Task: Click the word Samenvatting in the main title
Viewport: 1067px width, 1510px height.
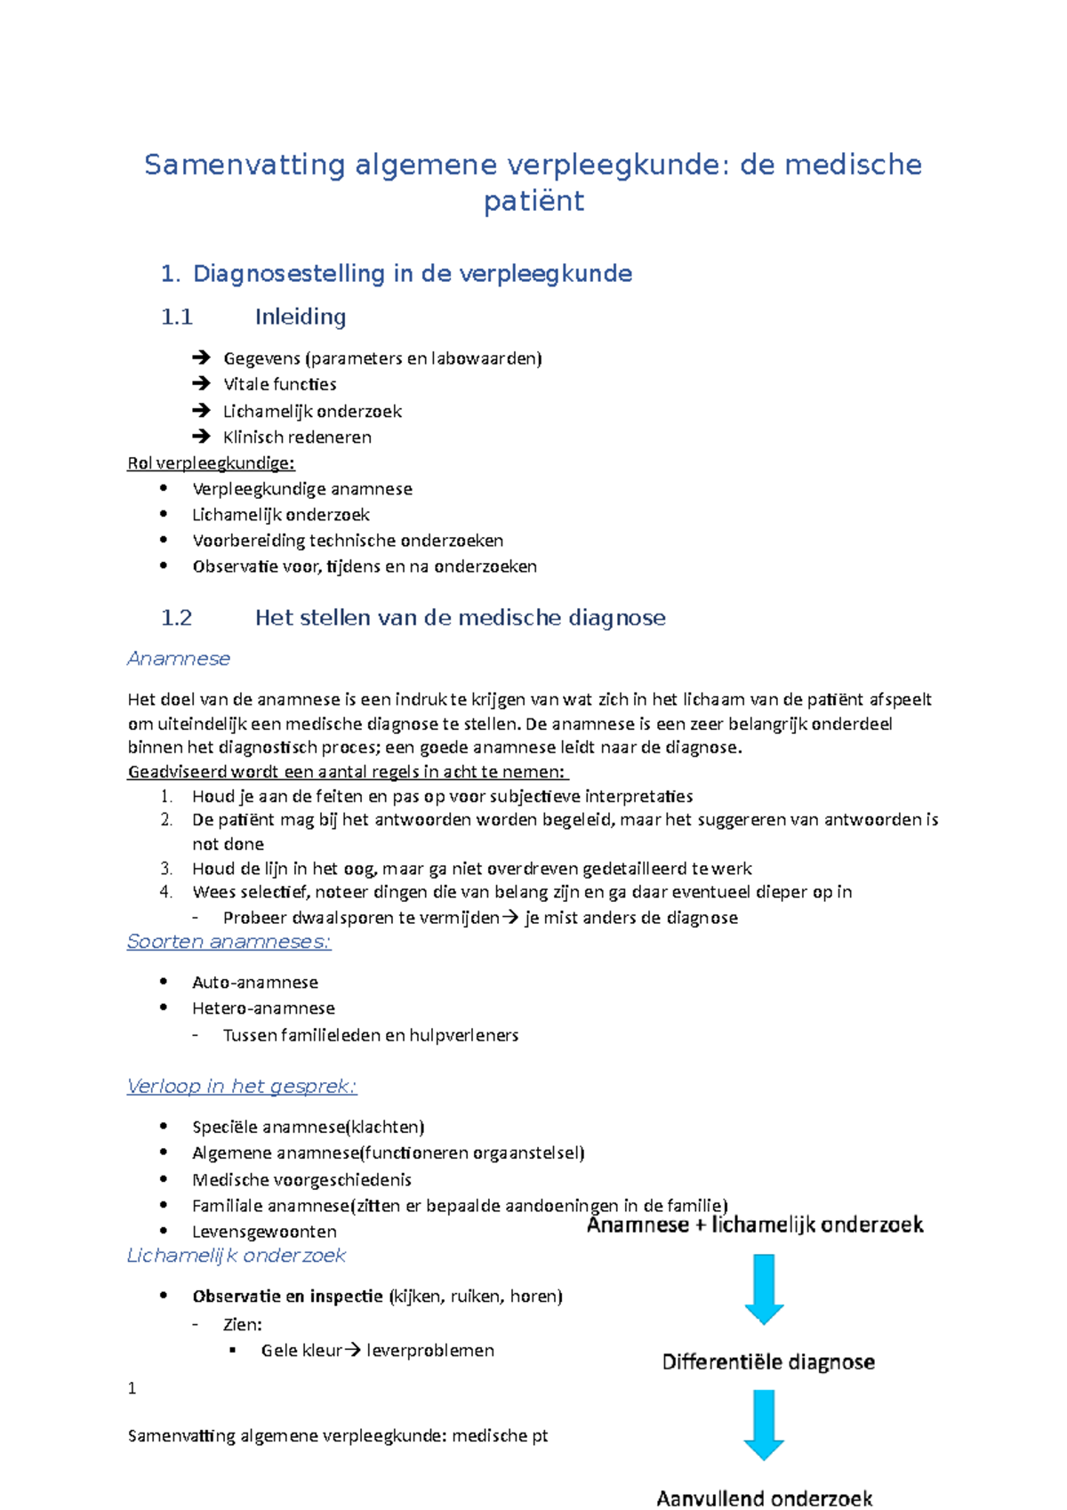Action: [x=245, y=165]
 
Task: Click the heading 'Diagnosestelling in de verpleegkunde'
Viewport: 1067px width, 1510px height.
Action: [x=412, y=274]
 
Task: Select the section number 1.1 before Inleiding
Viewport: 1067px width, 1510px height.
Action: [x=177, y=317]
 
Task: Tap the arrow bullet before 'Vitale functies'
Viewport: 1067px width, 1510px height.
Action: [x=201, y=384]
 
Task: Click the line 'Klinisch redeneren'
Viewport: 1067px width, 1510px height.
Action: [x=297, y=438]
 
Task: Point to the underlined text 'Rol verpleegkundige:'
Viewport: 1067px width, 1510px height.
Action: [x=211, y=463]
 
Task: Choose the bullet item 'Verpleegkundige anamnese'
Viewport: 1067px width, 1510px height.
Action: [x=302, y=489]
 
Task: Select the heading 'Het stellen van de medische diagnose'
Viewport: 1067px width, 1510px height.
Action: [x=460, y=618]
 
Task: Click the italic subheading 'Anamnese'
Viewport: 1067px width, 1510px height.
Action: [x=179, y=659]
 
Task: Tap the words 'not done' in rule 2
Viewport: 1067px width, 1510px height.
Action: [x=228, y=844]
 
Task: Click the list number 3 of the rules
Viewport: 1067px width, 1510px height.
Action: [x=166, y=869]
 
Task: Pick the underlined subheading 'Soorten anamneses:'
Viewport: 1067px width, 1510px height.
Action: [x=229, y=942]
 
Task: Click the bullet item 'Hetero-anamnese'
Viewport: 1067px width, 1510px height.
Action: [x=263, y=1008]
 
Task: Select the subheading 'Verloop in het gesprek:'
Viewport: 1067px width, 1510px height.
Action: [x=242, y=1087]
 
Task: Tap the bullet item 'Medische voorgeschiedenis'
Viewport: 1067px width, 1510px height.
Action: [x=301, y=1180]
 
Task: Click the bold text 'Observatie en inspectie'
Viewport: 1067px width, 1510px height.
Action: [x=287, y=1297]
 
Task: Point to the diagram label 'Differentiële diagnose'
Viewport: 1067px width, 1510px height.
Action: [x=768, y=1362]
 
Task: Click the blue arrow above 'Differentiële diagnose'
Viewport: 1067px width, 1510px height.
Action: [x=764, y=1289]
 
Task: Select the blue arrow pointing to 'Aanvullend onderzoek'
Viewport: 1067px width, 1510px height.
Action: [x=764, y=1425]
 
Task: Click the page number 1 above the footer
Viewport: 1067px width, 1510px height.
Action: [x=132, y=1389]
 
